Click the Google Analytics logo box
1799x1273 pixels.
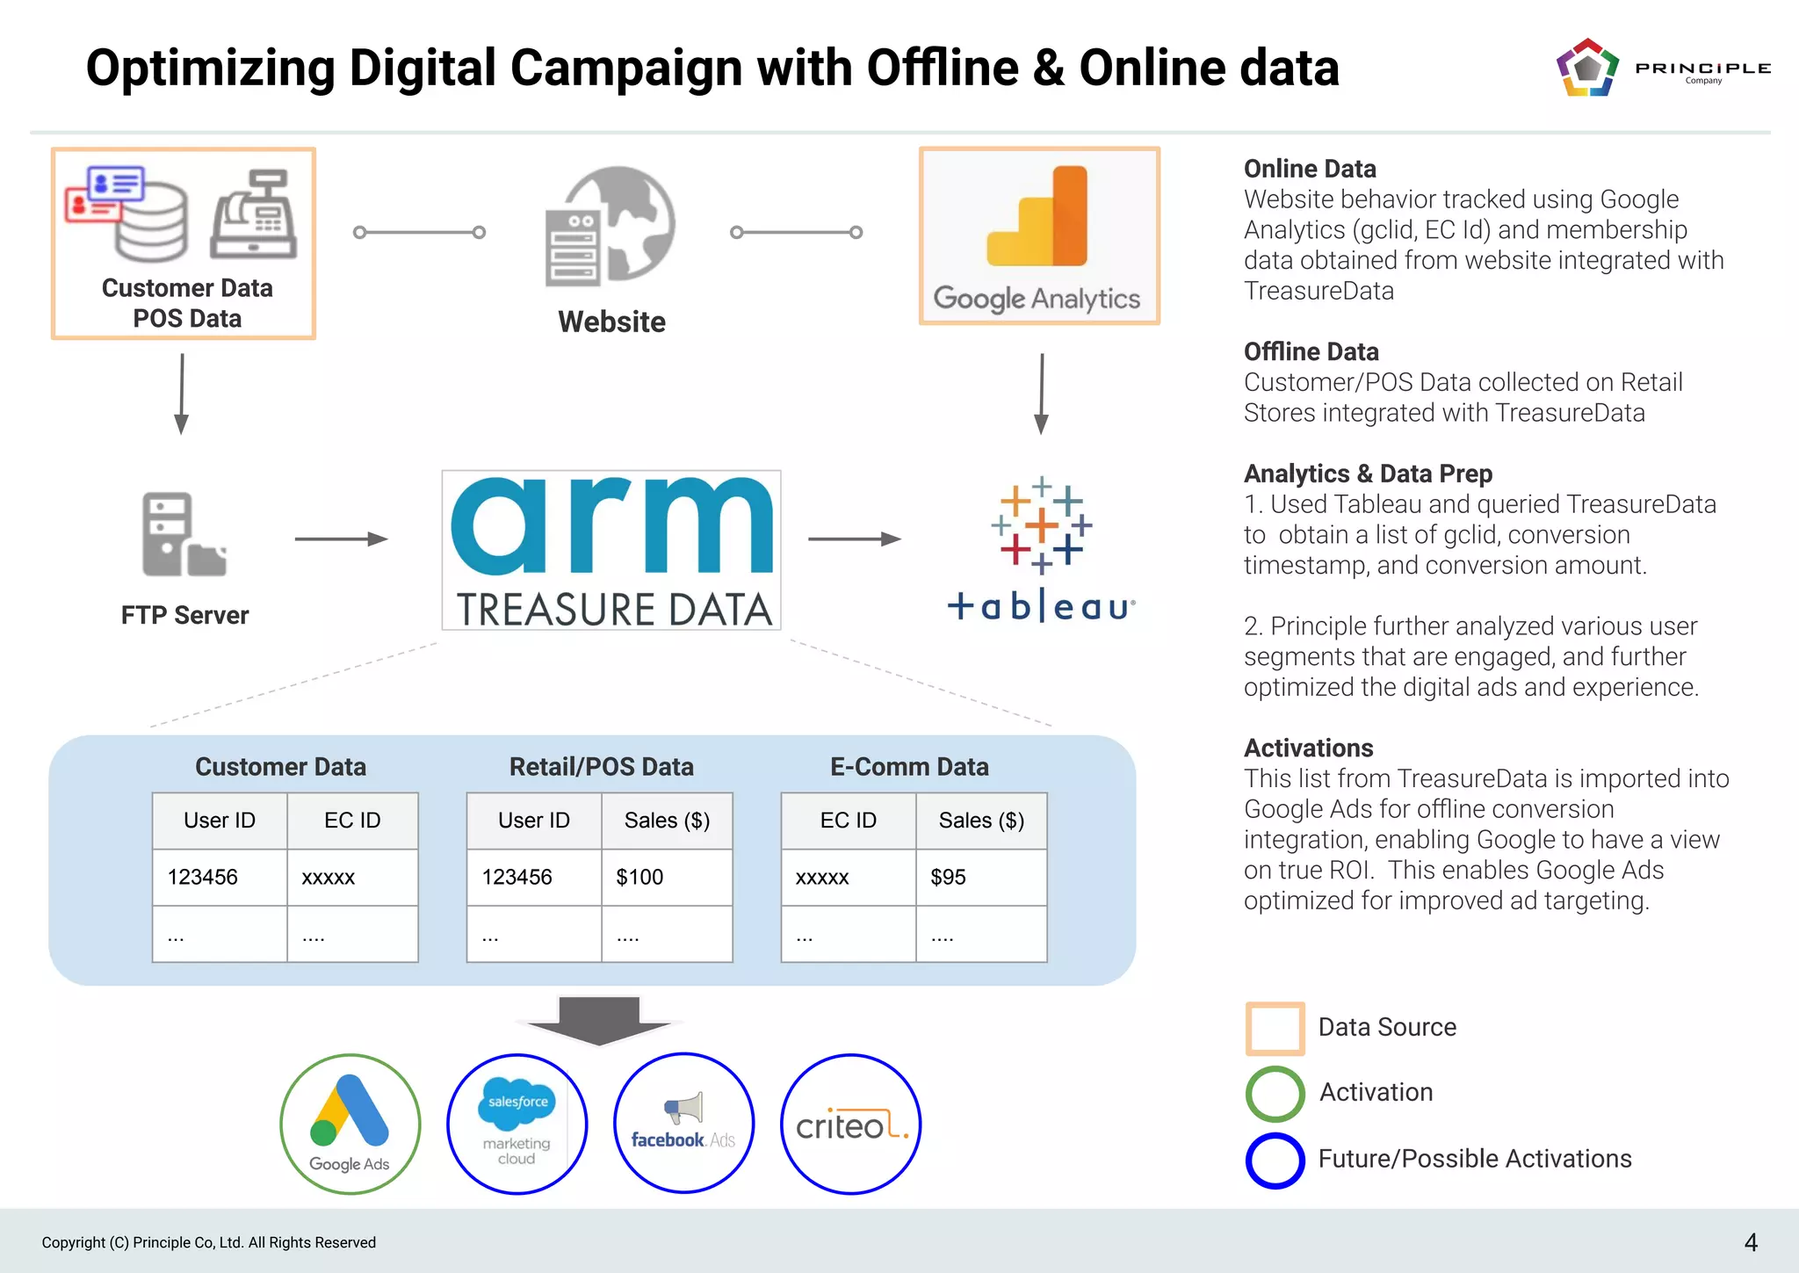coord(1039,236)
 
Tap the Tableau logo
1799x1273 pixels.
coord(1041,549)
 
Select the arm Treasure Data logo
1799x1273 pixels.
coord(611,550)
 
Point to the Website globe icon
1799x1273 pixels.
coord(611,227)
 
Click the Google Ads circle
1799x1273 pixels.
coord(350,1124)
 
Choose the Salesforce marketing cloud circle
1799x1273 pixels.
coord(517,1124)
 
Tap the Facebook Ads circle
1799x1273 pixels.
coord(683,1124)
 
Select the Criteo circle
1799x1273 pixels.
coord(850,1124)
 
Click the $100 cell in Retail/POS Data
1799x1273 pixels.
coord(667,877)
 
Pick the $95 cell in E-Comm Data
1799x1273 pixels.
coord(981,877)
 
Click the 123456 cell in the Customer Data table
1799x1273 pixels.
coord(220,877)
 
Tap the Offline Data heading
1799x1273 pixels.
coord(1311,351)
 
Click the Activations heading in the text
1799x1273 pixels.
coord(1308,748)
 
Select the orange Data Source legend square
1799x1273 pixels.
coord(1275,1028)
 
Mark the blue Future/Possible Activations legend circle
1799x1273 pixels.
coord(1275,1160)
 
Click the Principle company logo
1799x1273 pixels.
coord(1660,68)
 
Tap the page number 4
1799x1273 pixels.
coord(1750,1242)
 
